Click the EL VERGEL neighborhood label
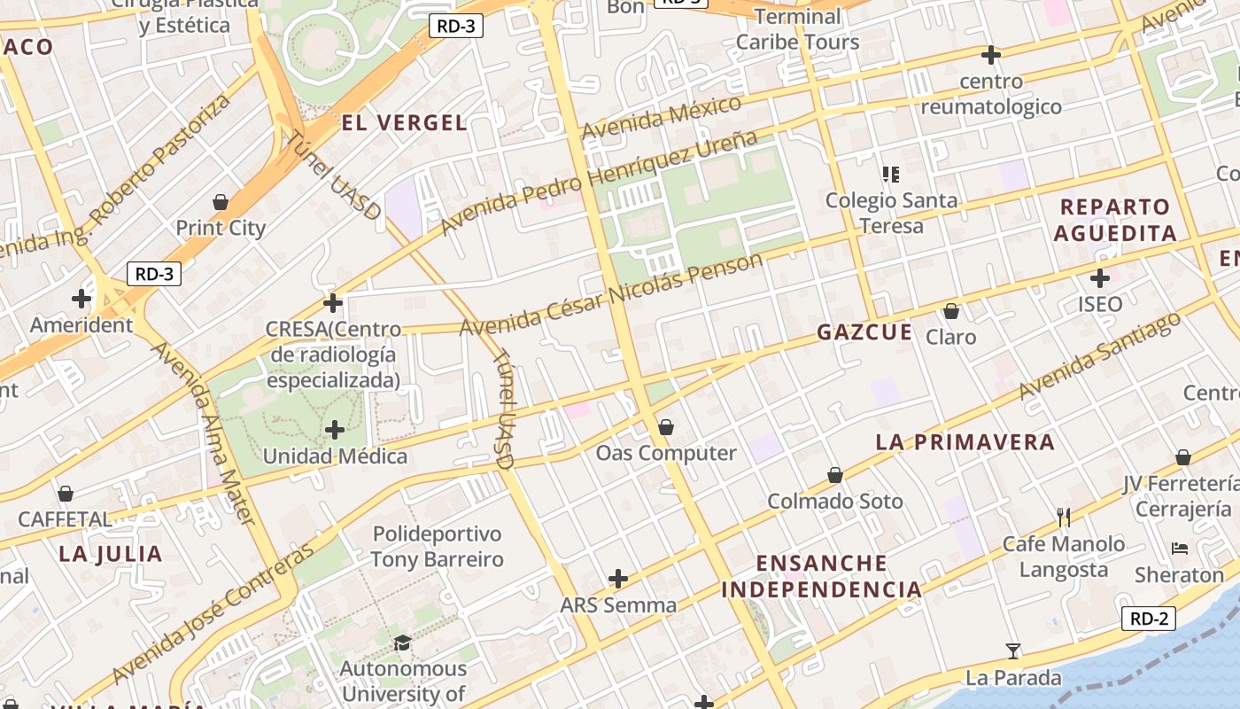tap(404, 123)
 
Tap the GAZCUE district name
tap(864, 332)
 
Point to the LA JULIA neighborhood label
tap(111, 555)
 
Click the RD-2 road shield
tap(1148, 619)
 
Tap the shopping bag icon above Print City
tap(221, 202)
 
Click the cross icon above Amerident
tap(81, 299)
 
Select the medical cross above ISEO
tap(1100, 278)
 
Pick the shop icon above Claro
tap(951, 311)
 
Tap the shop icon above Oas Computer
tap(666, 427)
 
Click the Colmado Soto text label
tap(834, 502)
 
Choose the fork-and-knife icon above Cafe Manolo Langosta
tap(1064, 517)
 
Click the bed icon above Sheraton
tap(1179, 549)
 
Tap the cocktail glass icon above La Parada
tap(1013, 651)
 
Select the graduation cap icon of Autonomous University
tap(403, 642)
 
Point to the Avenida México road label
tap(661, 118)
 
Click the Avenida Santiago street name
tap(1100, 355)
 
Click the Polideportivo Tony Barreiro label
tap(437, 547)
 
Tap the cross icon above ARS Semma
tap(618, 580)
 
